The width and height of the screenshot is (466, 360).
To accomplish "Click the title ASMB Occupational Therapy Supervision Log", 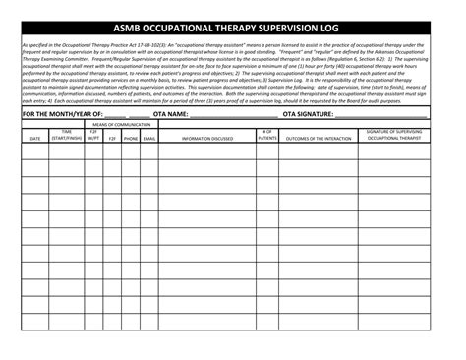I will point(233,28).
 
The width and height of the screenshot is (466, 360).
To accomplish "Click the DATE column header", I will point(34,138).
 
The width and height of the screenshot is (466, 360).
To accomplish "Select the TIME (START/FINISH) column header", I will point(67,135).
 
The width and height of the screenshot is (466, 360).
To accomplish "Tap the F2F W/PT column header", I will point(93,135).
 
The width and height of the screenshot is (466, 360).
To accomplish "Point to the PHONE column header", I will point(131,138).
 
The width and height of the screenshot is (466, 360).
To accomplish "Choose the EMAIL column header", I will point(149,138).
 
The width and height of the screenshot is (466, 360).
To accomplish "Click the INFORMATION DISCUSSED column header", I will point(207,138).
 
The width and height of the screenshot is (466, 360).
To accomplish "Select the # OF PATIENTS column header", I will point(266,135).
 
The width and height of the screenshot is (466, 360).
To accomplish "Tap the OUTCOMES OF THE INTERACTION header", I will point(318,138).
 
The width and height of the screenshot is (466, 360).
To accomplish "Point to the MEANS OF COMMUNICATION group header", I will point(121,124).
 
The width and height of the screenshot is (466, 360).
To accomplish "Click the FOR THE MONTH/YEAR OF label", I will point(61,114).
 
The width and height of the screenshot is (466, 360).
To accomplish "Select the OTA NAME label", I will point(170,114).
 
